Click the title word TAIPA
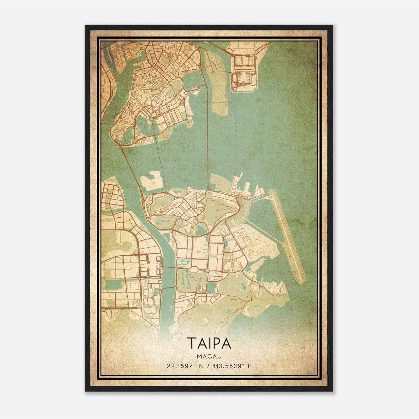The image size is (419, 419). (209, 343)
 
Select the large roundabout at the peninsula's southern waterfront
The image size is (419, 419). (151, 119)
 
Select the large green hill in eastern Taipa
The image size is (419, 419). (219, 210)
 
